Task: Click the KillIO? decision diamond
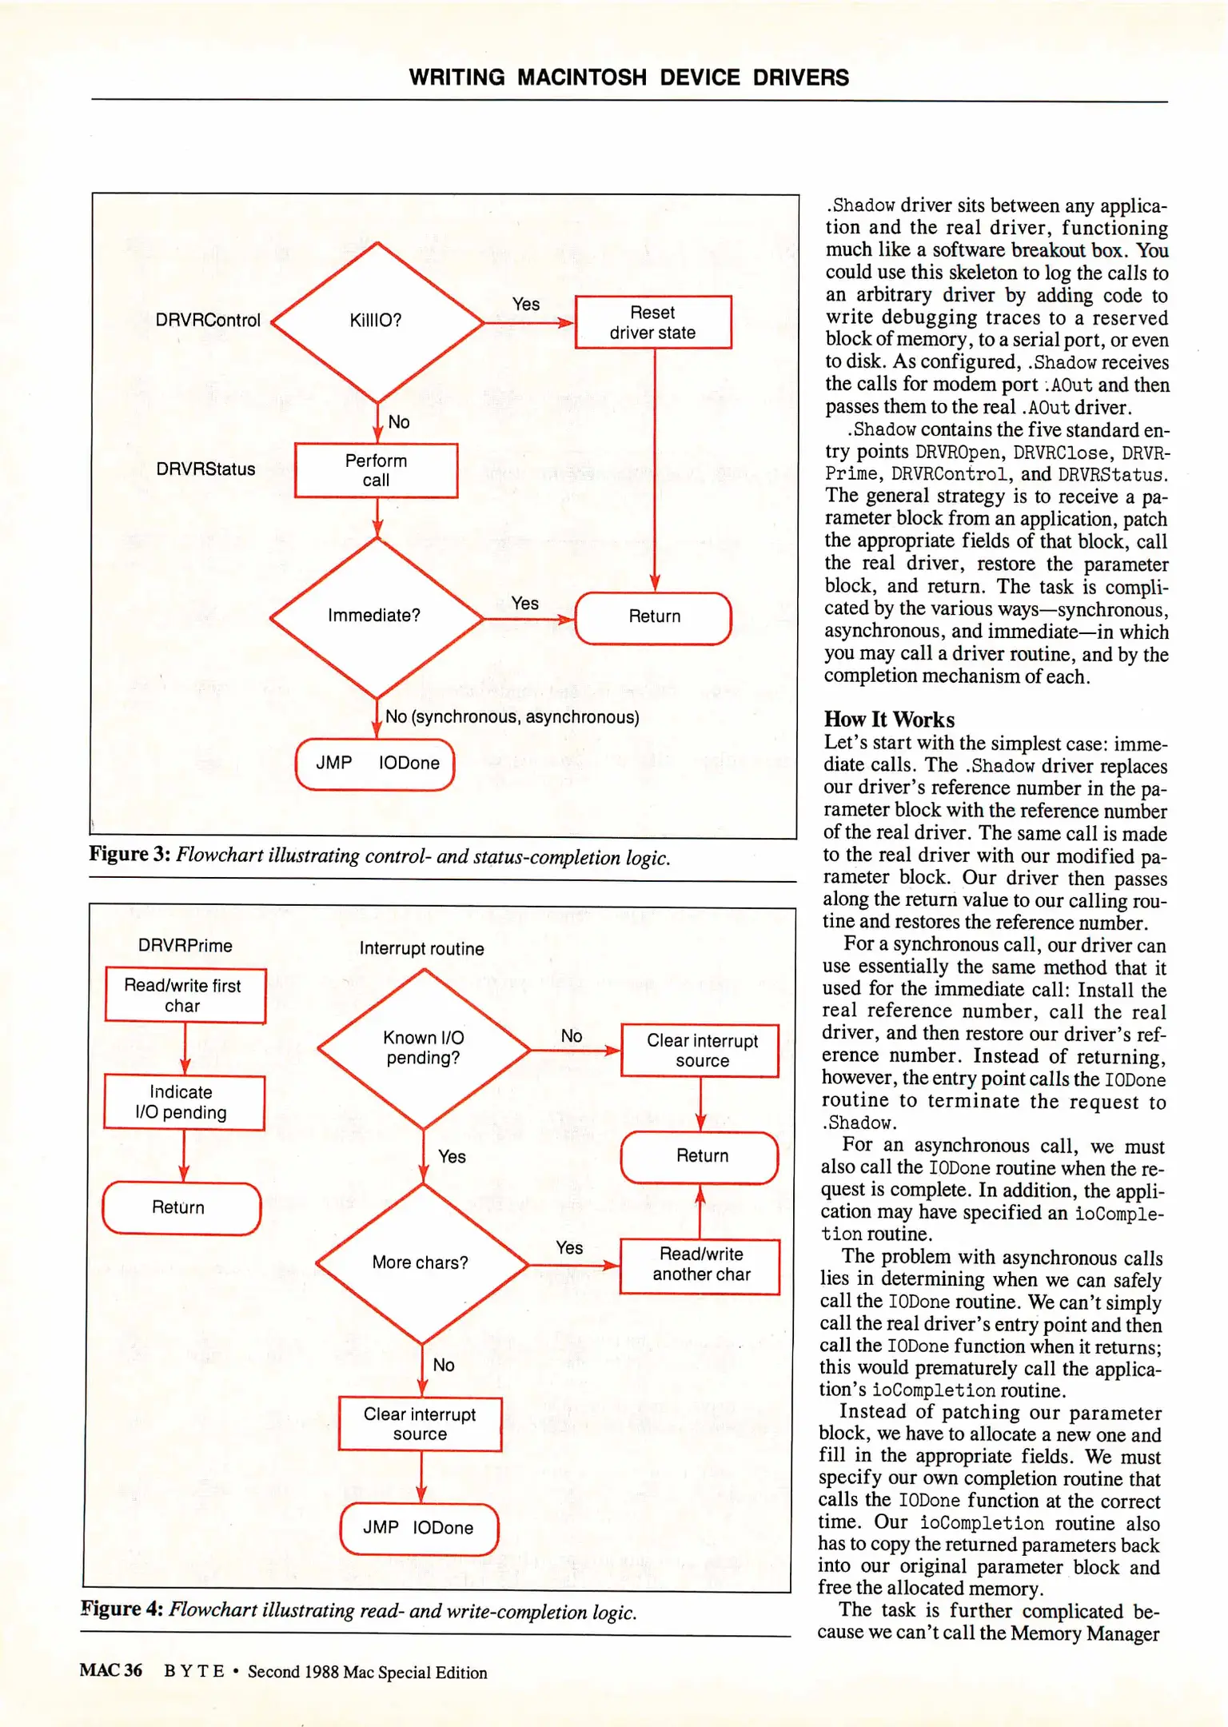[x=377, y=321]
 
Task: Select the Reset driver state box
[x=652, y=322]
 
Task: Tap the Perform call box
[x=376, y=470]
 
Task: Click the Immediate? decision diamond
[x=376, y=616]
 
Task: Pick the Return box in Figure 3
[x=653, y=617]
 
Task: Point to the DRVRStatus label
[x=205, y=469]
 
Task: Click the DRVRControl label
[x=208, y=321]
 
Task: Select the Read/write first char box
[x=184, y=995]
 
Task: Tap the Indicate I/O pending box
[x=183, y=1103]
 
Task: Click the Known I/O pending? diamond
[x=424, y=1048]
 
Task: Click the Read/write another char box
[x=700, y=1265]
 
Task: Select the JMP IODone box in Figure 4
[x=419, y=1528]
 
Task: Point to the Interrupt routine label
[x=421, y=949]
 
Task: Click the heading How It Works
[x=889, y=720]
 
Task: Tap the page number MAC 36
[x=110, y=1670]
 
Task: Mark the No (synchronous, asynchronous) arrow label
[x=512, y=717]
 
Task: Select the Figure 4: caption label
[x=123, y=1609]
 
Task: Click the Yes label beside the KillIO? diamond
[x=526, y=305]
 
